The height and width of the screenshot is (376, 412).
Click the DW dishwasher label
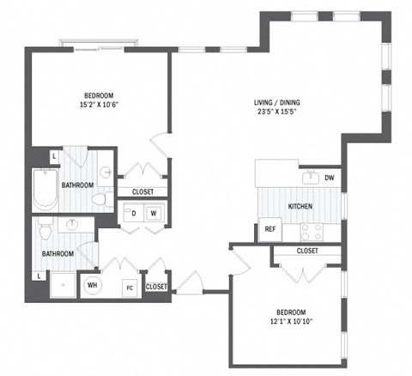click(x=330, y=179)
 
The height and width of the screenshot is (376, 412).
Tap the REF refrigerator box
click(x=269, y=230)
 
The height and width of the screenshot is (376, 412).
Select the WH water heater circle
click(x=92, y=286)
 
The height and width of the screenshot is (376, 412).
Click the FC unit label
click(x=130, y=287)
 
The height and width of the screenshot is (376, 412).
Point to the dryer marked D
click(x=133, y=212)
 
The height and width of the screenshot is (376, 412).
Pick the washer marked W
click(x=154, y=212)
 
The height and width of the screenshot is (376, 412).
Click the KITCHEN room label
click(x=300, y=207)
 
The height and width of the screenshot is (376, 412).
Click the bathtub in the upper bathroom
click(x=43, y=190)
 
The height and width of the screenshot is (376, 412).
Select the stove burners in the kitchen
click(x=311, y=231)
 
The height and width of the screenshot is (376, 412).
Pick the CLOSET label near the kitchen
click(x=307, y=251)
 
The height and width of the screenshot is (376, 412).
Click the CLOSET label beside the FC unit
click(x=157, y=286)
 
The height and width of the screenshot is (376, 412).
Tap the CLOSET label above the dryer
click(x=143, y=191)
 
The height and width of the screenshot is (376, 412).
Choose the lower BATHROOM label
click(x=58, y=253)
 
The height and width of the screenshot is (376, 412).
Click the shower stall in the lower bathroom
click(x=62, y=286)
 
